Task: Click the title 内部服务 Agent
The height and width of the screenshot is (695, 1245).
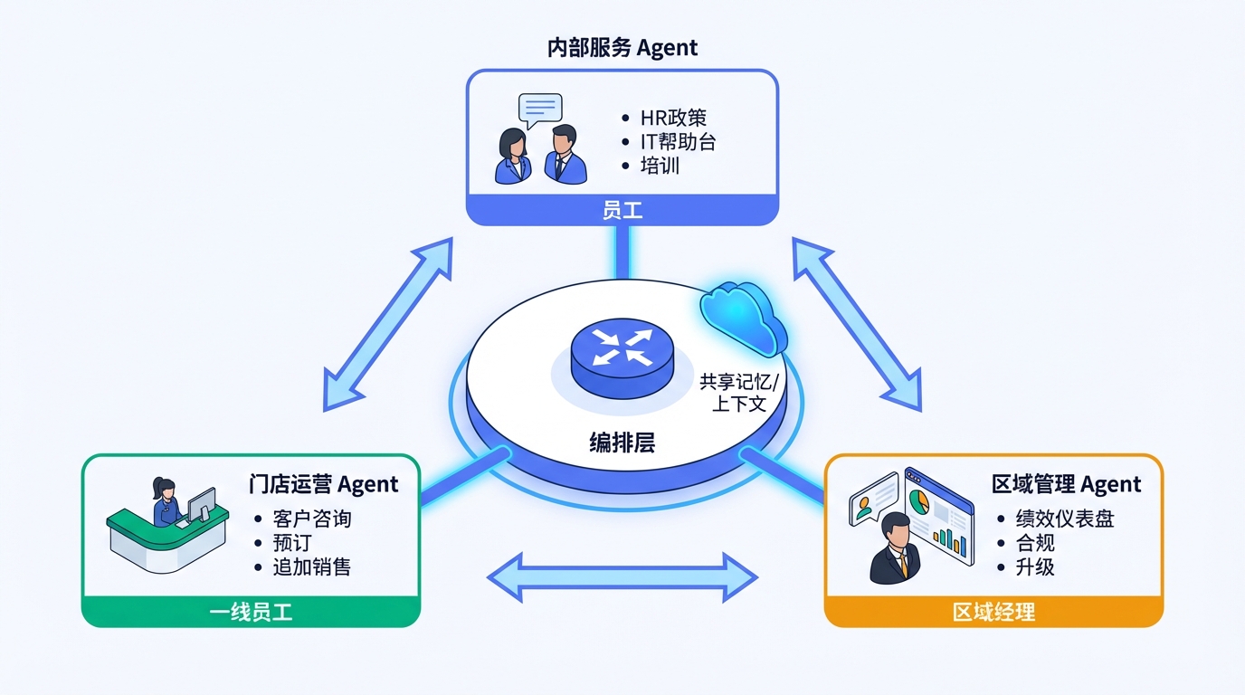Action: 622,48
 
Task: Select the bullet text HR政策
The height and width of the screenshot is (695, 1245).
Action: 673,118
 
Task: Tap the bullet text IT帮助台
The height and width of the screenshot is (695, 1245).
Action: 678,142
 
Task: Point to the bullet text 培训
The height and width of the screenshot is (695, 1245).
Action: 660,166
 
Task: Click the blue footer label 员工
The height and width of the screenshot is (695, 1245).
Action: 622,211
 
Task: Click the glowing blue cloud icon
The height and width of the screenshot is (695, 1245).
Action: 743,316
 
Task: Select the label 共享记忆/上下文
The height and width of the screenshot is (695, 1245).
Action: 738,392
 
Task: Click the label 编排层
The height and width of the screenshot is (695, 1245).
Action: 622,443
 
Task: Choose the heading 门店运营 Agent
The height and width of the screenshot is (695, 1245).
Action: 323,484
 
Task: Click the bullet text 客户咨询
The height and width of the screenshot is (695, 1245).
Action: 311,519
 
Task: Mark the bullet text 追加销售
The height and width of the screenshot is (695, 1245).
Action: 311,567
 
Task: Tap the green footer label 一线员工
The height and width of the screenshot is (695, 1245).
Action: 251,613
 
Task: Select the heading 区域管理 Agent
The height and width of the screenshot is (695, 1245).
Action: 1066,484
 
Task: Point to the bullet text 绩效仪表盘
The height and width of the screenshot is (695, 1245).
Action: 1064,519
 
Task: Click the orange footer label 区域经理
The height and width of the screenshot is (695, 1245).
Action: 993,613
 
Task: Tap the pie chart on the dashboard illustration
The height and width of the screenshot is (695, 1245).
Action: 919,502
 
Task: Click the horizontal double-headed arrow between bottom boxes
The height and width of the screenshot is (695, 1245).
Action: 622,576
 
